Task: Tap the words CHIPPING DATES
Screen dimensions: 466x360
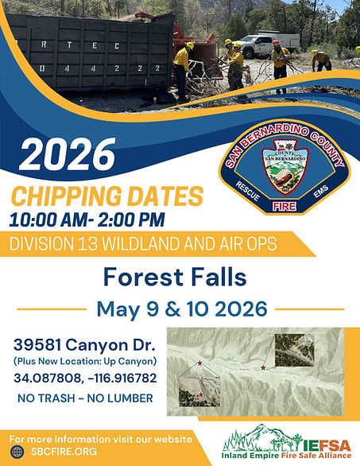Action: [x=106, y=195]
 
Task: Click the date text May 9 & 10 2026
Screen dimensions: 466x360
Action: [x=180, y=309]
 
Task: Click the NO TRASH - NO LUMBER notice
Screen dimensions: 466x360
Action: [x=83, y=396]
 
